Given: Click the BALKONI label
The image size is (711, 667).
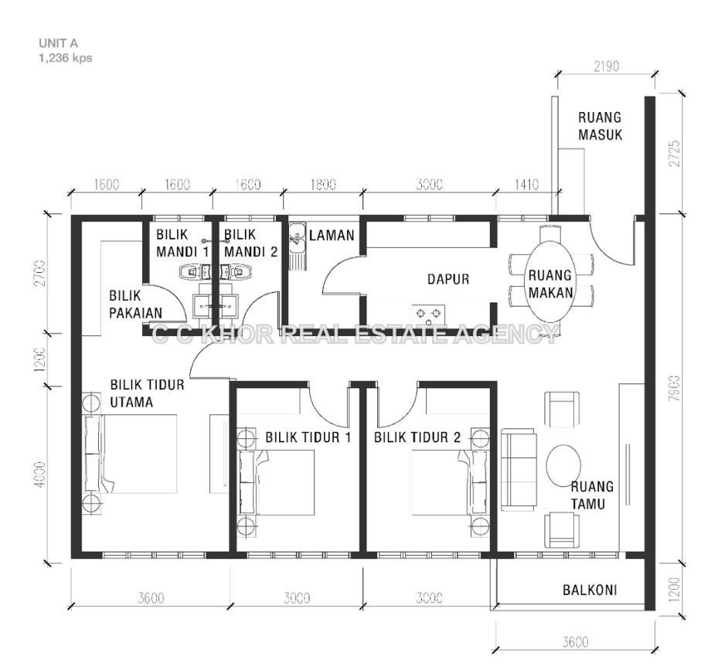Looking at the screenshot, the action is pos(590,590).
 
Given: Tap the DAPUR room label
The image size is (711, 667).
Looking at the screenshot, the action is pos(448,279).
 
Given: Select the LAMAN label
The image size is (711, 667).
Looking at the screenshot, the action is pos(332,235).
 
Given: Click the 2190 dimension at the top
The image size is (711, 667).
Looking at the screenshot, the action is pos(606,66).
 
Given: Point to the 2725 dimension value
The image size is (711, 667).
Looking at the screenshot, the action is pos(675,153).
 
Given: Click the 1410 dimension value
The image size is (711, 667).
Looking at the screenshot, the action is pos(526,185).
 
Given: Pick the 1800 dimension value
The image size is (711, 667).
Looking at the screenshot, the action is pos(323,185).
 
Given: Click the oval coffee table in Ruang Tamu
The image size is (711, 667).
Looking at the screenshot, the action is pos(563,465).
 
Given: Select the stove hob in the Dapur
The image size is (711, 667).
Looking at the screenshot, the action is pos(428,313).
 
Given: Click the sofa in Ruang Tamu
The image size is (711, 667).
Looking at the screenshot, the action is pos(519,472).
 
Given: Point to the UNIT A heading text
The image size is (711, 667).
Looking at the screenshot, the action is pos(58,43).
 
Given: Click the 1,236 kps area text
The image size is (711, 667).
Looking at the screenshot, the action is pos(65,58).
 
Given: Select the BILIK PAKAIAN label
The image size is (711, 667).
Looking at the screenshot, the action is pos(135,305).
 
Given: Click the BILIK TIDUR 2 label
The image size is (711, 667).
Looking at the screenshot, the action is pos(417,437).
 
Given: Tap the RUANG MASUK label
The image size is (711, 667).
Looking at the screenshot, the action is pos(600,126).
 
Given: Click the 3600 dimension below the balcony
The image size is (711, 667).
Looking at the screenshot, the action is pos(575,642).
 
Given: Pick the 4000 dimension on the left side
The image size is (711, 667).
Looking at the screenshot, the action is pos(40,475).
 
